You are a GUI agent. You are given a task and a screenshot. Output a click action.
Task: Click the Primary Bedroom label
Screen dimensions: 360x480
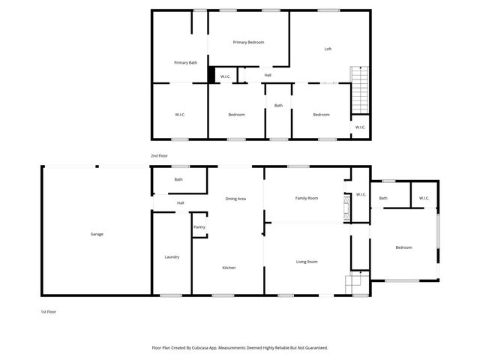pyautogui.click(x=248, y=43)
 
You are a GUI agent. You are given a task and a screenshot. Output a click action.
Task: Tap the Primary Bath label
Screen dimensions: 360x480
pyautogui.click(x=185, y=63)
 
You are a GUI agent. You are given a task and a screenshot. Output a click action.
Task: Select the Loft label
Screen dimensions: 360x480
pyautogui.click(x=328, y=49)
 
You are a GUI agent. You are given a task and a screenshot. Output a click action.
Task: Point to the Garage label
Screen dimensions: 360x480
pyautogui.click(x=97, y=234)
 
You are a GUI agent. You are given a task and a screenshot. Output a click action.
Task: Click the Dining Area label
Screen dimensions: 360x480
pyautogui.click(x=235, y=199)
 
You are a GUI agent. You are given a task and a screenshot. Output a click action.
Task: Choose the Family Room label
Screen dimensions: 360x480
pyautogui.click(x=307, y=198)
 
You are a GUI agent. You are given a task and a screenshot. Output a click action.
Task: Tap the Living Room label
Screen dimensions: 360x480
pyautogui.click(x=307, y=262)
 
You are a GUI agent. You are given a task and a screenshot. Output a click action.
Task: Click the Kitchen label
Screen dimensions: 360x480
pyautogui.click(x=229, y=268)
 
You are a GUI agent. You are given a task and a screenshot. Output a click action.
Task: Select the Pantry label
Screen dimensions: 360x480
pyautogui.click(x=199, y=227)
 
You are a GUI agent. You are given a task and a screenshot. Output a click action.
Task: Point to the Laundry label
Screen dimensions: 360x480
pyautogui.click(x=172, y=257)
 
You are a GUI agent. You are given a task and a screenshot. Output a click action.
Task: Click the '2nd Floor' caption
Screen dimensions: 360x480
pyautogui.click(x=159, y=155)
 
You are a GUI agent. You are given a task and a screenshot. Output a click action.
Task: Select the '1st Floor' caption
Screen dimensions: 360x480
pyautogui.click(x=49, y=311)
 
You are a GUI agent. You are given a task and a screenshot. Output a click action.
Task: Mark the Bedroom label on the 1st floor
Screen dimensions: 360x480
pyautogui.click(x=403, y=247)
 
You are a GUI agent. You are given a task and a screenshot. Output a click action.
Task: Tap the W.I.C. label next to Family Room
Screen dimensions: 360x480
pyautogui.click(x=361, y=195)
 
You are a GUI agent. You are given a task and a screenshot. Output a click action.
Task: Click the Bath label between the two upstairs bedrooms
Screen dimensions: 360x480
pyautogui.click(x=278, y=106)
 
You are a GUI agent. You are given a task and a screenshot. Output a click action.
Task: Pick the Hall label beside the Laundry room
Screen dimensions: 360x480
pyautogui.click(x=180, y=203)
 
